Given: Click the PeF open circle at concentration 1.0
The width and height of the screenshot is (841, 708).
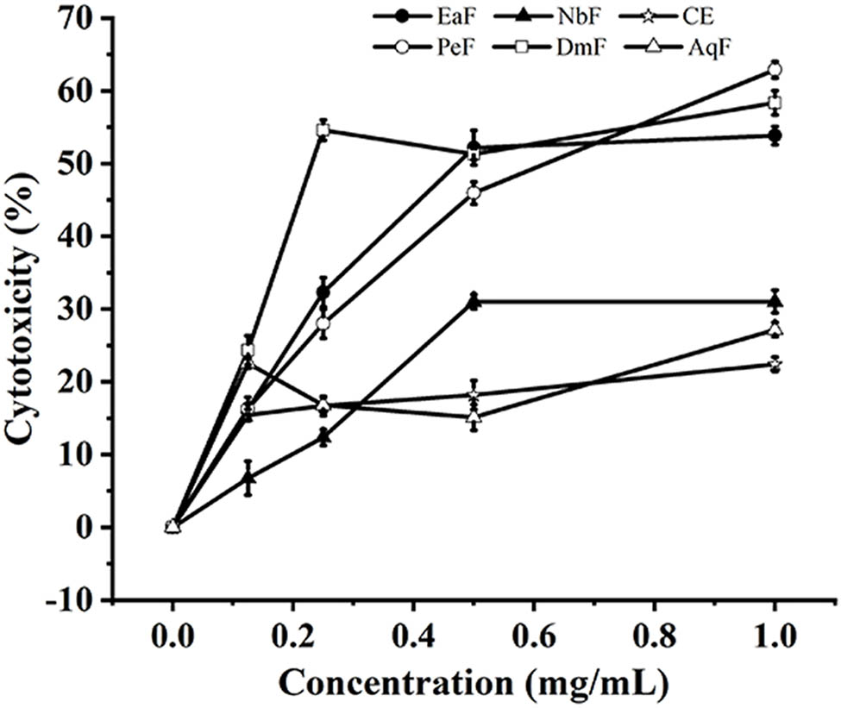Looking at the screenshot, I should coord(775,69).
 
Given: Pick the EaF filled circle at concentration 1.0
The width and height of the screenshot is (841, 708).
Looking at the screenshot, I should coord(775,135).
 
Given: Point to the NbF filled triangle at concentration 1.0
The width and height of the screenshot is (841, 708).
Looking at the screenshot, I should coord(775,301).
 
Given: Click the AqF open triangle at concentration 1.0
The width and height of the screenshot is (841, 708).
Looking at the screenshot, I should coord(775,329).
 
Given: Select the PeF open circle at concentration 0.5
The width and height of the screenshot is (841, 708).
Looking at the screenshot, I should coord(474,192).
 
